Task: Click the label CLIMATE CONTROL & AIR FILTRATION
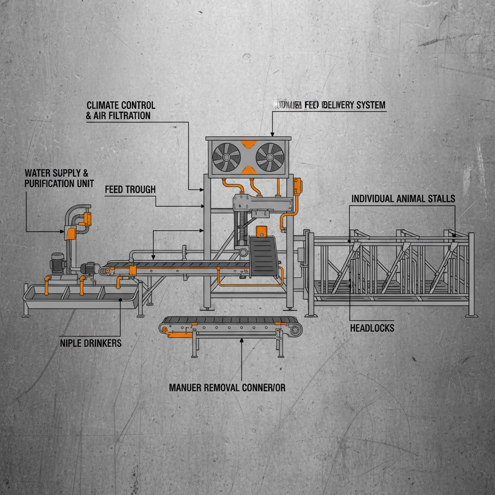(120, 111)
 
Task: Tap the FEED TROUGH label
(130, 190)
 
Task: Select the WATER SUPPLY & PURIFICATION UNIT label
(59, 178)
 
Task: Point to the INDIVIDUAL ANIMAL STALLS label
(403, 199)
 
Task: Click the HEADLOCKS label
(372, 328)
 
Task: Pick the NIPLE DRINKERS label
(90, 343)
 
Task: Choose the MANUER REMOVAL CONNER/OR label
(227, 388)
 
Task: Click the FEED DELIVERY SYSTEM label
(330, 105)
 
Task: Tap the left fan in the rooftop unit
(227, 157)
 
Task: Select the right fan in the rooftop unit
(269, 157)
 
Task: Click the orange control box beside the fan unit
(297, 186)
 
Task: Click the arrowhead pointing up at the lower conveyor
(241, 340)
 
